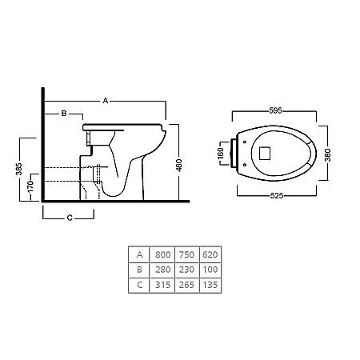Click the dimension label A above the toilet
pos(106,101)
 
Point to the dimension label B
pos(64,114)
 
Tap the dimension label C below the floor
pos(70,218)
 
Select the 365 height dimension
pos(19,169)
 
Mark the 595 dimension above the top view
pos(275,110)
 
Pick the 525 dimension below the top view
pos(277,196)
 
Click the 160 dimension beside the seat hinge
pos(221,154)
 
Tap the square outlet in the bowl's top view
pos(265,153)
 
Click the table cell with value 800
pos(162,254)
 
